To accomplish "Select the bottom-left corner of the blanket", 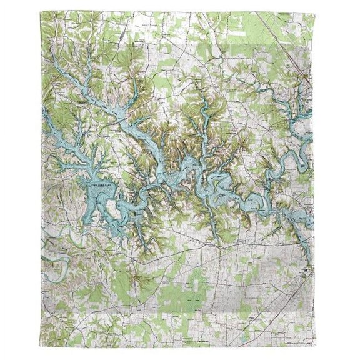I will tap(44, 348).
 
